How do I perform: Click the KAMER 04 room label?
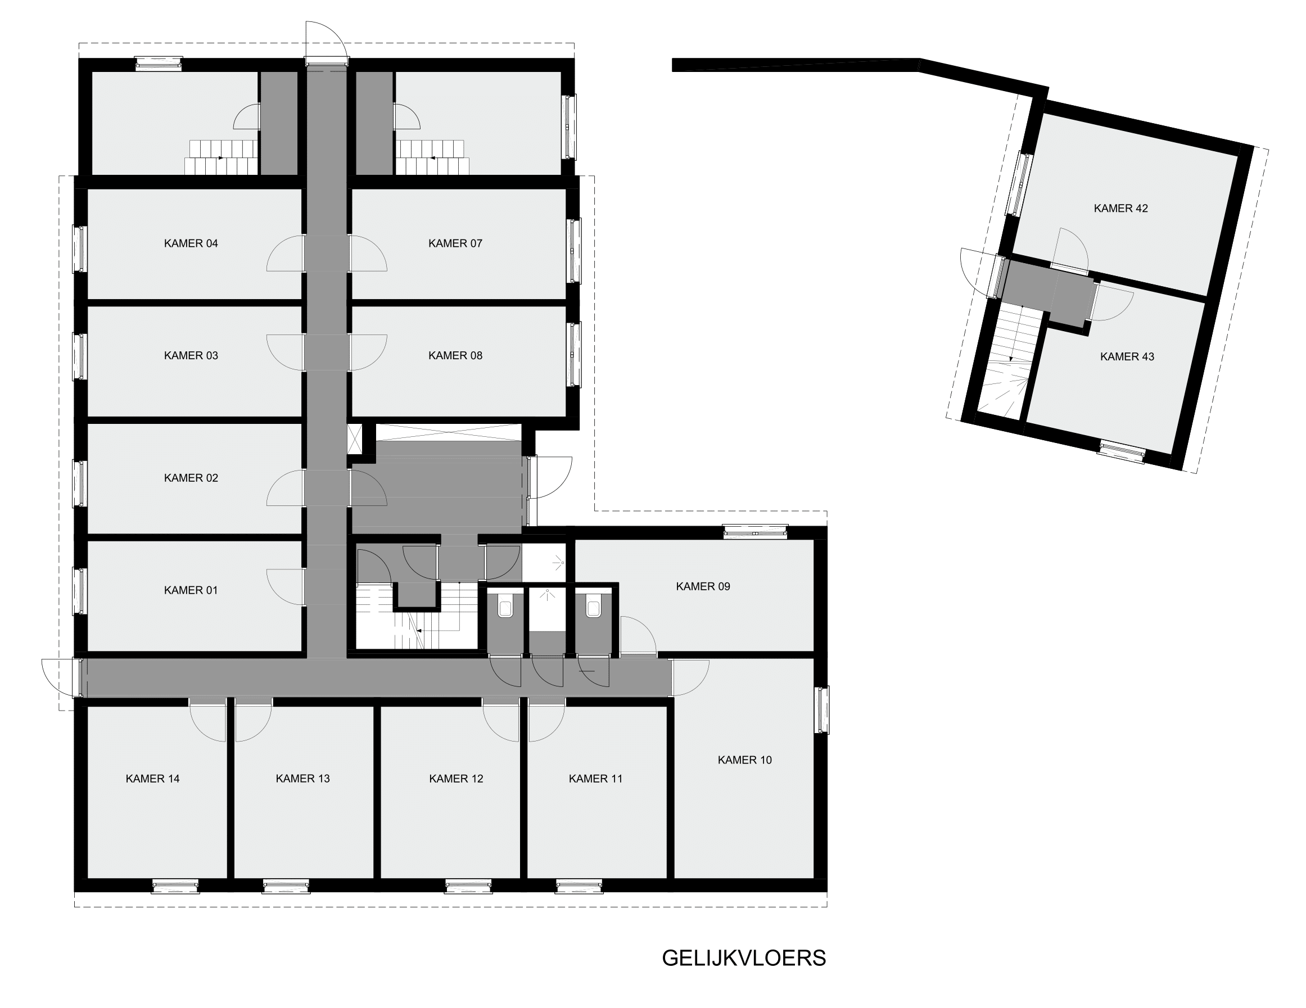pyautogui.click(x=191, y=243)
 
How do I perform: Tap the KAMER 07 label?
pyautogui.click(x=455, y=243)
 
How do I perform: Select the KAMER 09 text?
pyautogui.click(x=703, y=586)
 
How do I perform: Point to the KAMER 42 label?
pyautogui.click(x=1120, y=208)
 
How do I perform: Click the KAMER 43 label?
pyautogui.click(x=1127, y=356)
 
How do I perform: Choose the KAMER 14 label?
pyautogui.click(x=152, y=779)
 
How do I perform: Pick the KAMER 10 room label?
pyautogui.click(x=744, y=760)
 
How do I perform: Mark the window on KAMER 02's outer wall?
pyautogui.click(x=79, y=483)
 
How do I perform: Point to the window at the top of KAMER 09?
pyautogui.click(x=755, y=531)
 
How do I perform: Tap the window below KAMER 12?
pyautogui.click(x=468, y=886)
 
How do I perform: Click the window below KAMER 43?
pyautogui.click(x=1122, y=451)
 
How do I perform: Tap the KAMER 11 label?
pyautogui.click(x=595, y=779)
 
